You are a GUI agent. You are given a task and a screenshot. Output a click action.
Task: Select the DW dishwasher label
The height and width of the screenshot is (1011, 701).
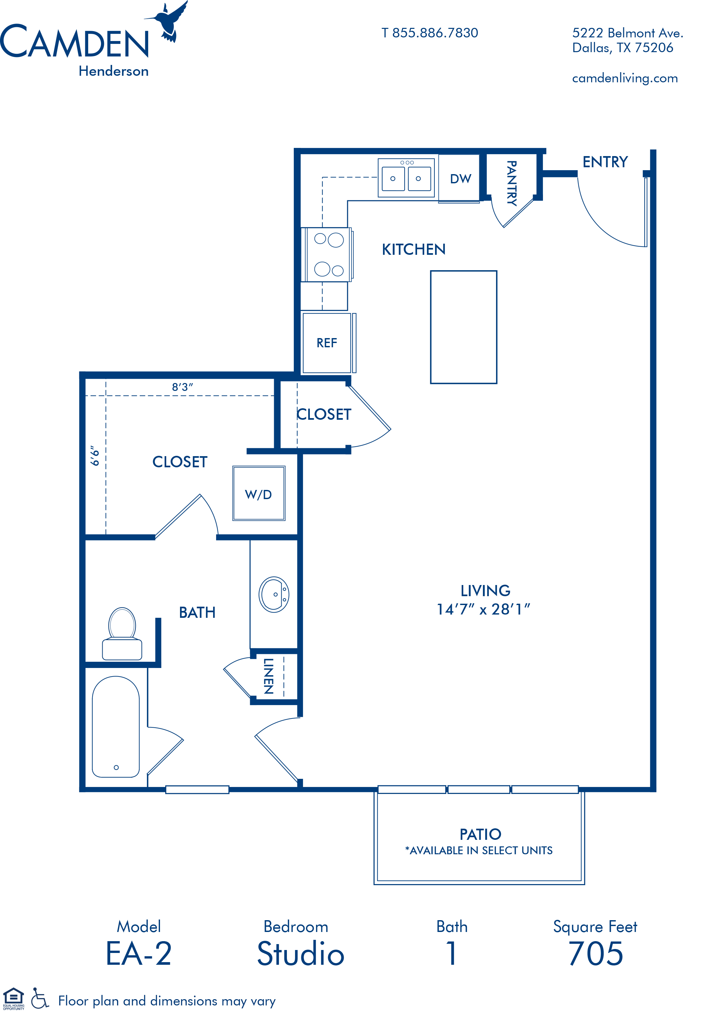460,179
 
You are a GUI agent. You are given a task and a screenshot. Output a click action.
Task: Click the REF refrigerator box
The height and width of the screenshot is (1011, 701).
327,343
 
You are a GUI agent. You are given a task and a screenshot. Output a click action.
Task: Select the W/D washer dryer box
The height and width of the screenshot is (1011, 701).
259,493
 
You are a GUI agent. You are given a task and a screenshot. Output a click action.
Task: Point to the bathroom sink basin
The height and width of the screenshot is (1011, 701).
274,594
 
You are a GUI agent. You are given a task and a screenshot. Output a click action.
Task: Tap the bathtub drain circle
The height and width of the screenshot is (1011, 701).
116,767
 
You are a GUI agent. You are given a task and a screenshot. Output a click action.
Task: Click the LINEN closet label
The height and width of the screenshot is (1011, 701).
268,676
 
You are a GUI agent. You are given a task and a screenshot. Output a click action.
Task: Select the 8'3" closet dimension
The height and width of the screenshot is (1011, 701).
182,387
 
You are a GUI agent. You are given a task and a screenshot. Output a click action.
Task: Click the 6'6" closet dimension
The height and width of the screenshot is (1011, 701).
95,455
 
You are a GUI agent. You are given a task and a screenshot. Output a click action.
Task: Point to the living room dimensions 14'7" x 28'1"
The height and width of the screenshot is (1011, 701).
483,609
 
